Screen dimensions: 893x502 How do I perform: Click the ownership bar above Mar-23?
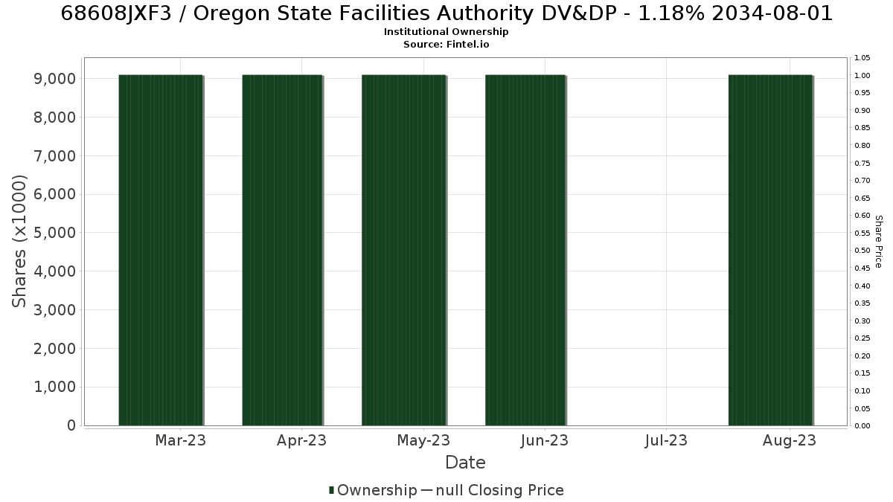(161, 250)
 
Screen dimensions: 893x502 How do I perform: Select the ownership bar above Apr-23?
(282, 250)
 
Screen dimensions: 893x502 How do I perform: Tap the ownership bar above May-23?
(404, 250)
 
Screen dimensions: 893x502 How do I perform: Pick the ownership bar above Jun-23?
(525, 250)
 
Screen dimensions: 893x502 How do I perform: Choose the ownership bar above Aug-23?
(771, 250)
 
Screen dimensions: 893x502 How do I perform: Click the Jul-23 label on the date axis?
(666, 440)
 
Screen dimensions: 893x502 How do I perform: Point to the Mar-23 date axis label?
(181, 440)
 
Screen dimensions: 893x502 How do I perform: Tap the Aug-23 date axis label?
(790, 441)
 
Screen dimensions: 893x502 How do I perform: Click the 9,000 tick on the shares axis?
(54, 79)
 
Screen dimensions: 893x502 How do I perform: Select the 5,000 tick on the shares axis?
(54, 233)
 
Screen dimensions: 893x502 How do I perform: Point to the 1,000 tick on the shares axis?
(54, 387)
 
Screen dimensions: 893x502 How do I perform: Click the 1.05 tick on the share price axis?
(862, 58)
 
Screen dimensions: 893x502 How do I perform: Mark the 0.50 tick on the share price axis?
(862, 251)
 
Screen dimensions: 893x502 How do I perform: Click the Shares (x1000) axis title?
(19, 242)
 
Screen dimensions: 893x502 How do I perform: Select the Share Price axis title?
(879, 242)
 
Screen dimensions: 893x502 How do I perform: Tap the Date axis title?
(465, 463)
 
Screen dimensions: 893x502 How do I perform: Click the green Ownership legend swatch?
(331, 490)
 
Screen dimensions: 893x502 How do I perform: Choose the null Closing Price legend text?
(500, 490)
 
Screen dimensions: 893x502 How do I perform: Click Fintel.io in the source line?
(467, 44)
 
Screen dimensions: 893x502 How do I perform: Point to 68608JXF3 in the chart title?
(116, 14)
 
